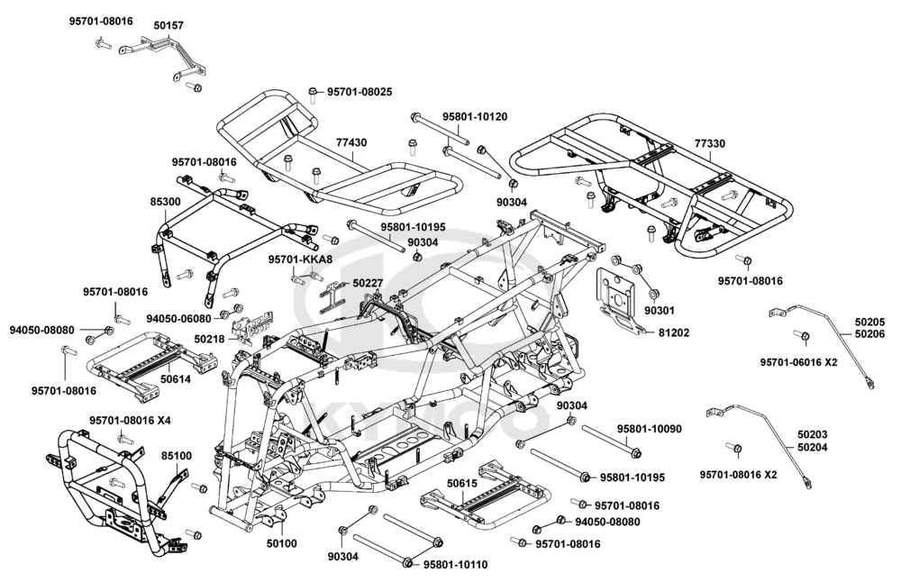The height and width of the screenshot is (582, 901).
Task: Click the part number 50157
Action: [x=168, y=26]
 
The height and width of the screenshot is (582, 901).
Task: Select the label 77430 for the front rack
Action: [x=351, y=143]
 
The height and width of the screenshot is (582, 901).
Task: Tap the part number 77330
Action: [x=710, y=143]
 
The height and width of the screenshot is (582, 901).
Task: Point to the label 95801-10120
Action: [x=475, y=117]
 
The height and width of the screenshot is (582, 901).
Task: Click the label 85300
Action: [x=165, y=203]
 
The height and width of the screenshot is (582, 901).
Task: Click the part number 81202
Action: [x=674, y=332]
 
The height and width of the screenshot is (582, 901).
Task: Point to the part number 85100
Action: [x=177, y=456]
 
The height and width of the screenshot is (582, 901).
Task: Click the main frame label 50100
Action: [x=282, y=543]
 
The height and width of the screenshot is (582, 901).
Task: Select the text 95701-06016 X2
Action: [x=799, y=362]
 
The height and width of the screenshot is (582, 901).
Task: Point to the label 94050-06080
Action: [x=179, y=318]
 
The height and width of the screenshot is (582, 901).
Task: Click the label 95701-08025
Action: [x=359, y=92]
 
